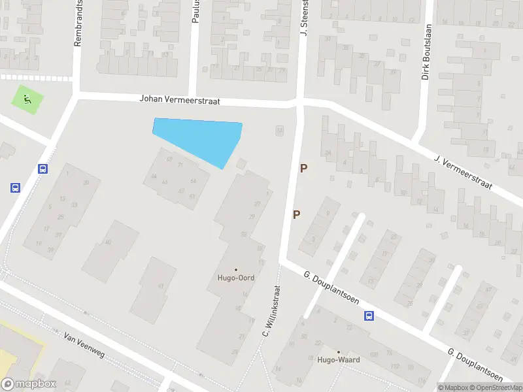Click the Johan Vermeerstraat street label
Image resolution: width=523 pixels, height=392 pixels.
point(180,100)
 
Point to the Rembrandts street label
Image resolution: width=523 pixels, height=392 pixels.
point(78,23)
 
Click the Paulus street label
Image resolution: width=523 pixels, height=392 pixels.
point(195,12)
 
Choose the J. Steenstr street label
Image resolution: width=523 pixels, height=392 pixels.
point(303,18)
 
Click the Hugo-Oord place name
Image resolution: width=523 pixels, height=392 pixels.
point(236,278)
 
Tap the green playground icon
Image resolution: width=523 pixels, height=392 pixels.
point(27,99)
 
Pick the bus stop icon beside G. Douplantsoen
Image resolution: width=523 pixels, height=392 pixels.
point(369,316)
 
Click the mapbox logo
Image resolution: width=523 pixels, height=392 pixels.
point(29,384)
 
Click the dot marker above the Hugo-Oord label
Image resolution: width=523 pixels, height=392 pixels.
point(236,269)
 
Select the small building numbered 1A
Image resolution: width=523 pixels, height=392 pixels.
point(280,131)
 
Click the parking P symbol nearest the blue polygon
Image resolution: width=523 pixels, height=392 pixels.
point(303,168)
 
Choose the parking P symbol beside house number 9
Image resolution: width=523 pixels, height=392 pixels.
point(297,214)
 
